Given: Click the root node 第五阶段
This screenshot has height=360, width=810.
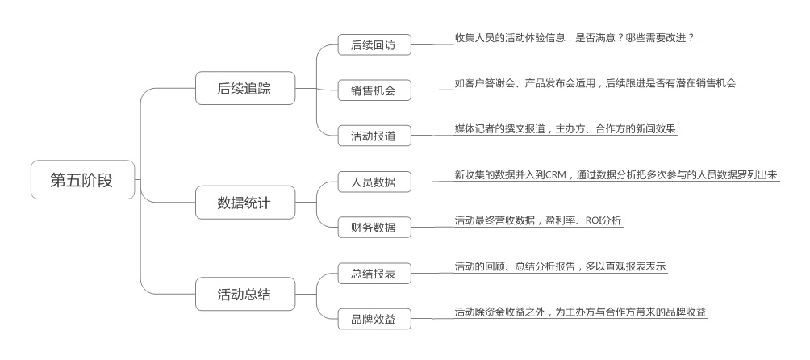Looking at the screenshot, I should coord(82,180).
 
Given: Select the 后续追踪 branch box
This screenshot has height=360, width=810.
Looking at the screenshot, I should coord(244,89).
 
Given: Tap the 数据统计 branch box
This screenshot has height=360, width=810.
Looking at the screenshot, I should coord(244,203).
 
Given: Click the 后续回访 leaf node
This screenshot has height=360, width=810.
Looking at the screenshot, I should coord(374,44).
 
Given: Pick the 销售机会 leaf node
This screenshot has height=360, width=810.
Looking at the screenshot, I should coord(374,90).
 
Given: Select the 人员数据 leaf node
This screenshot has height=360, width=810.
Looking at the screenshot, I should coord(374,182).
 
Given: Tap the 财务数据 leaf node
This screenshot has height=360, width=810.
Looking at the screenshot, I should coord(374,227).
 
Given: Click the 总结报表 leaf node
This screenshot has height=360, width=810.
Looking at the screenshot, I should coord(374,274).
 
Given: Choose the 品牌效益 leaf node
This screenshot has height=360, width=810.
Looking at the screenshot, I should coord(374,319).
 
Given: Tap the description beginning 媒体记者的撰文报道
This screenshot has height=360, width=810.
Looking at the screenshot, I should coord(565,129).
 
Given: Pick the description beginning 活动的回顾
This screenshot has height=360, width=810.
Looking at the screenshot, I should coord(560,266).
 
